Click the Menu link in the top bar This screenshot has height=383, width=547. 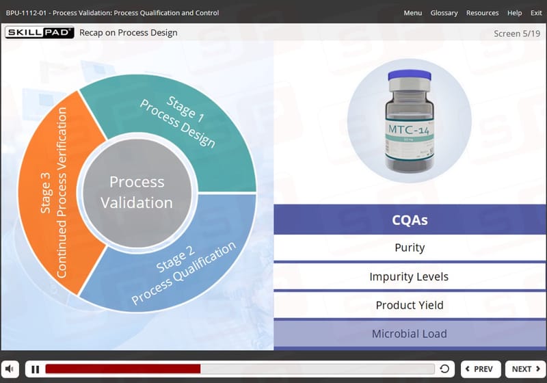[413, 13]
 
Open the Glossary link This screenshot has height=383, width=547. [444, 13]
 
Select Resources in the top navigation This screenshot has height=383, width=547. [483, 13]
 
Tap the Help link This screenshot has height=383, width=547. [515, 13]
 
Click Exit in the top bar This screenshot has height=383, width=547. [536, 13]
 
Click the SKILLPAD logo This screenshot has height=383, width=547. [40, 32]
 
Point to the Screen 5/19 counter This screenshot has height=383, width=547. [517, 34]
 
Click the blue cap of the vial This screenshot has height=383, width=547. [410, 75]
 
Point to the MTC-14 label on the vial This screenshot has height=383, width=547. [409, 130]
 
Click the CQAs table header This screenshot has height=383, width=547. [410, 220]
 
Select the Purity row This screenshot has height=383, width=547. [410, 248]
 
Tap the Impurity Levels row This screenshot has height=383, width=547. [410, 276]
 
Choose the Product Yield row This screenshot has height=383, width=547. [410, 305]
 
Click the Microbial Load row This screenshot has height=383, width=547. [410, 334]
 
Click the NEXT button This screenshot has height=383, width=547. [526, 369]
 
